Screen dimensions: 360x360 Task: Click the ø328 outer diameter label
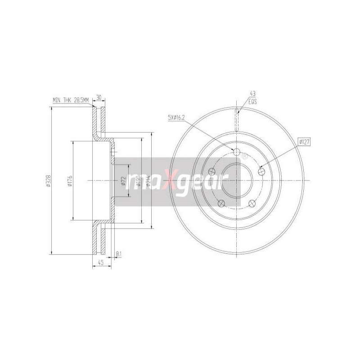48,181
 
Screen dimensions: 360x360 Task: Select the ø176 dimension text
71,181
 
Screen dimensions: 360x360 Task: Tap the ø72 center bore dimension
123,181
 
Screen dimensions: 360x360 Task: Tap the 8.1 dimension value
119,254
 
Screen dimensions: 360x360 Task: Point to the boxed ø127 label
304,142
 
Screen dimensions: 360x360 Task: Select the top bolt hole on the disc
238,152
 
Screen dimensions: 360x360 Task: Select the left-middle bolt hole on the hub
212,171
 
